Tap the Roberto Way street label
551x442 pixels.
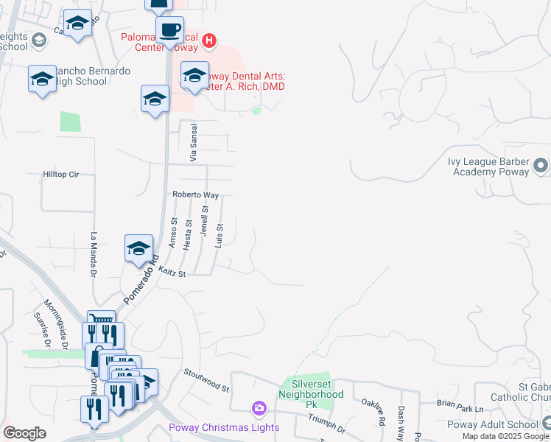pos(196,195)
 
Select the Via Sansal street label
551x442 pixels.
pos(194,143)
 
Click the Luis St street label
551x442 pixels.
pos(219,236)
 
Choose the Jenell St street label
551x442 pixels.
pos(204,220)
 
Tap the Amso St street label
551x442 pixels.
pos(175,232)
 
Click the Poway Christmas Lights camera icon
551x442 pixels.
pos(259,408)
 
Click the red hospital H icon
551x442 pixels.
pos(209,41)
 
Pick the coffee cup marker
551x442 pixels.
pos(169,31)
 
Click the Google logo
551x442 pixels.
pos(24,433)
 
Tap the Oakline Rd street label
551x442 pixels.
pos(382,413)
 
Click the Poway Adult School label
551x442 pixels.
pos(492,424)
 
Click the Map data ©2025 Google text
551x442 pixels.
pos(504,436)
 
